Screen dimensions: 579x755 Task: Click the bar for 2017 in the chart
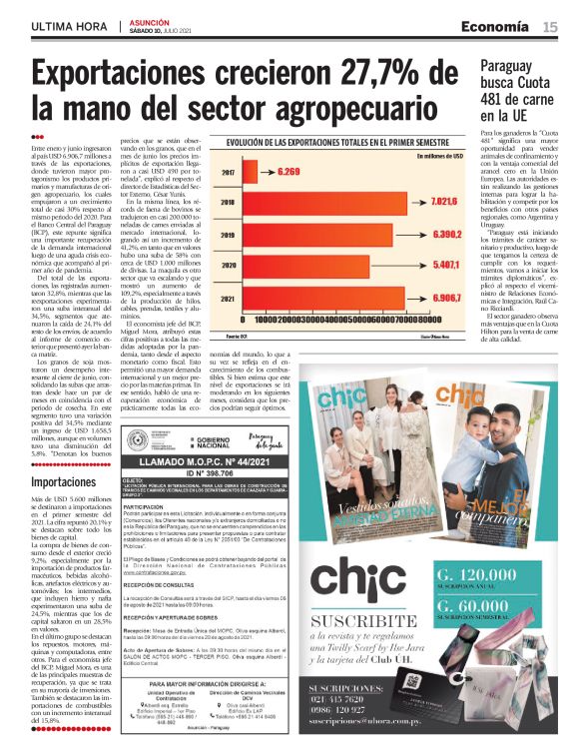pos(255,172)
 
